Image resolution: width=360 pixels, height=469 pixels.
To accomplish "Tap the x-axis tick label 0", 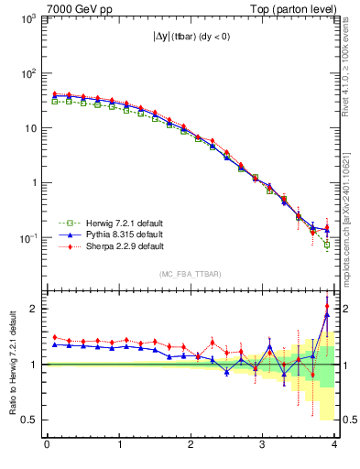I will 47,445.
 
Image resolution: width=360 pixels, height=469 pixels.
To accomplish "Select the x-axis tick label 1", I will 119,445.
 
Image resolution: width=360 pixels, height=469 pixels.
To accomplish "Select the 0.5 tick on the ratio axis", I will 29,420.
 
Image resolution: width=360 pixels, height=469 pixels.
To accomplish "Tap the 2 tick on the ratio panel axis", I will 35,309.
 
